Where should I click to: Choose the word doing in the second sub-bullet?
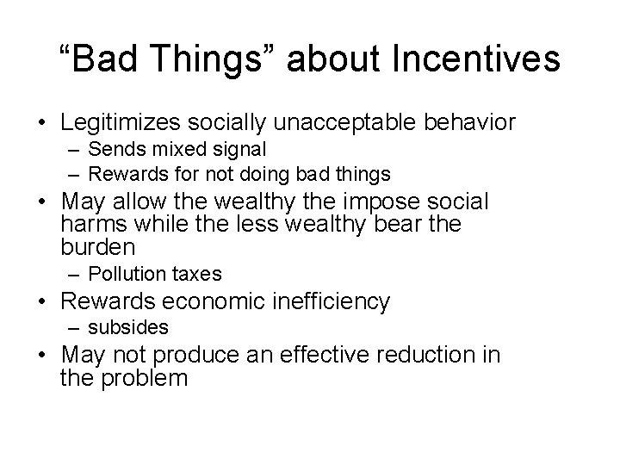[275, 174]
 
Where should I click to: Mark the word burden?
[99, 247]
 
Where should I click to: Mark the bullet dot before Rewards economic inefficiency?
[40, 302]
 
